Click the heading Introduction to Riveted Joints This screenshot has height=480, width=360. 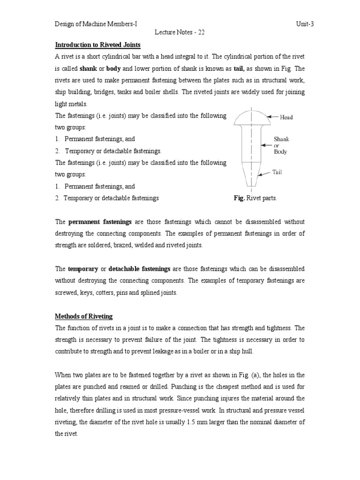[x=98, y=45]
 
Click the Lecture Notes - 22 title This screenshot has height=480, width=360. [x=180, y=32]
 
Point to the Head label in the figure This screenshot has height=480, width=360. [x=286, y=117]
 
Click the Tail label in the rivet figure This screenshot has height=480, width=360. [x=277, y=172]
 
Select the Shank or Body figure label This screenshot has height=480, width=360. [x=281, y=145]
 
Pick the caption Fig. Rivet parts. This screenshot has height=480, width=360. [x=255, y=198]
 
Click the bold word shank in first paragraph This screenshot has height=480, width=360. [x=89, y=68]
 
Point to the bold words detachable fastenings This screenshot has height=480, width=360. [x=139, y=269]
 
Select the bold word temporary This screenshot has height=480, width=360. [x=83, y=269]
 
